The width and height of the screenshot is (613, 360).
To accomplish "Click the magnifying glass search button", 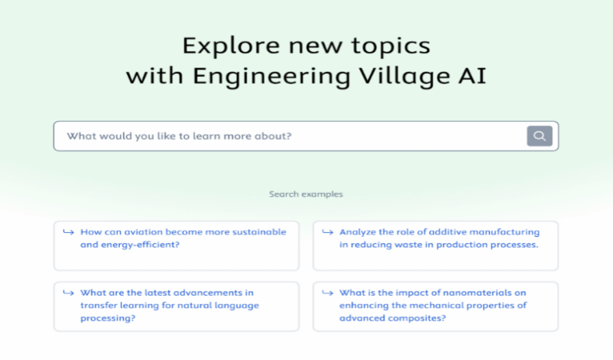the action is coord(540,136).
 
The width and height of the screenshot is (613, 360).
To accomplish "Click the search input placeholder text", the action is coord(179,136).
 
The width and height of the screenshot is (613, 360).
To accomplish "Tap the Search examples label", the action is coord(306,194).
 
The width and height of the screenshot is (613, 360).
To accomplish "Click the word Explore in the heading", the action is coord(231,45).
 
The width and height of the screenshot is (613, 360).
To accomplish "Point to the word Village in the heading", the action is coord(404,76).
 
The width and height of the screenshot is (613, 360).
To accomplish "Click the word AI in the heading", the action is coord(473,75).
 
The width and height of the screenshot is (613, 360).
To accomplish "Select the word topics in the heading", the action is coord(391,46).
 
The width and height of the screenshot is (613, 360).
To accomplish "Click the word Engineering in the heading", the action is coord(272,76).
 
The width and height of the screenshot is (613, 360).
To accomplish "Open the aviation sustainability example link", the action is coord(183,238).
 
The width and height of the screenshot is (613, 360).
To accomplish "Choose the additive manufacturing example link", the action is coord(439,238).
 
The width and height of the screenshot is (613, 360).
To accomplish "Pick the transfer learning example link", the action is coord(170,305).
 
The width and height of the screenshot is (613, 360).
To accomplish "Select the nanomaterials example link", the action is coord(433,305).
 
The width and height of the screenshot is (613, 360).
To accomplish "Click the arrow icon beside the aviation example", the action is coord(68,232).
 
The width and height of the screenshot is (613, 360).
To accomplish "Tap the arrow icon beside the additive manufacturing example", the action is coord(328,232).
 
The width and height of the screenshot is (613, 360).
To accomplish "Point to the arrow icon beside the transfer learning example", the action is coord(68,293).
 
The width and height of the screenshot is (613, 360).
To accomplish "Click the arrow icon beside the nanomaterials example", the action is coord(328,293).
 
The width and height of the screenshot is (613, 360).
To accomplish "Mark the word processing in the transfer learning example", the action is coord(105,318).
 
